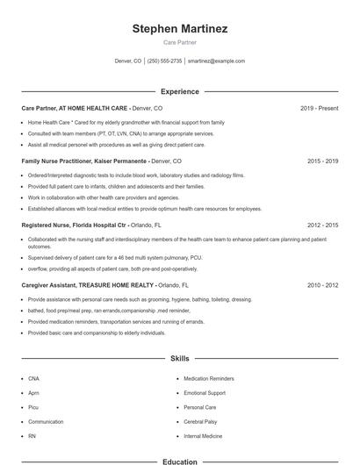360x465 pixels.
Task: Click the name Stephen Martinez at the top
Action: click(180, 29)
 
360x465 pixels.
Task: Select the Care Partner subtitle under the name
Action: click(180, 42)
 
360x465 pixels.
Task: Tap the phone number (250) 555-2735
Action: click(165, 61)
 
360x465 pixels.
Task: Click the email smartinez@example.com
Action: click(216, 61)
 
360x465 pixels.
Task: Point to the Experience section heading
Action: click(180, 91)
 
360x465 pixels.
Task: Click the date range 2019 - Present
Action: click(319, 108)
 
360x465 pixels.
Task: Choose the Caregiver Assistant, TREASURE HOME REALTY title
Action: click(88, 285)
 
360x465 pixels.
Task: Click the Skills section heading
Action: click(180, 358)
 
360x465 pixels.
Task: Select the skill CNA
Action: click(33, 378)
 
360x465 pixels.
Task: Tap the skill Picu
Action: click(33, 407)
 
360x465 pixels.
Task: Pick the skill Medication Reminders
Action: click(210, 378)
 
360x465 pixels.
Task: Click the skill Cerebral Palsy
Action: click(201, 421)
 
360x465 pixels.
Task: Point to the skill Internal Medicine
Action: click(203, 435)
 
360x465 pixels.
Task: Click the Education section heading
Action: click(180, 461)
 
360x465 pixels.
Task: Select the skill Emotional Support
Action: click(205, 393)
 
